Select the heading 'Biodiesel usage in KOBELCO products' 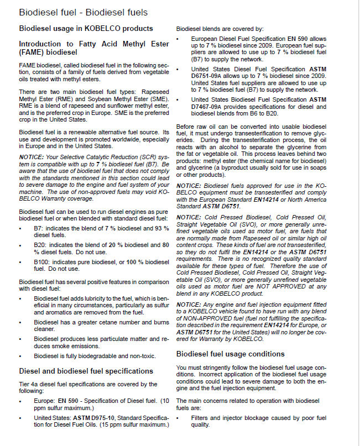pyautogui.click(x=86, y=28)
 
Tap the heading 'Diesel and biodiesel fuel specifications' pyautogui.click(x=86, y=371)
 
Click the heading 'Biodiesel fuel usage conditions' pyautogui.click(x=230, y=354)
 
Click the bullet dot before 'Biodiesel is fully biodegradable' pyautogui.click(x=20, y=356)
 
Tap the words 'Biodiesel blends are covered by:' pyautogui.click(x=220, y=28)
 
